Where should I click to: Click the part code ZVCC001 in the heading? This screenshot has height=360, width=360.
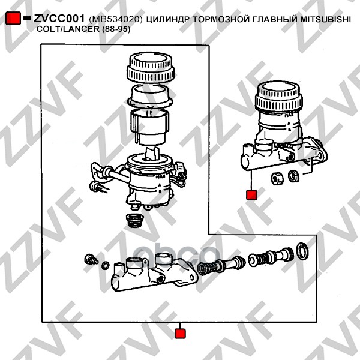[x=59, y=19]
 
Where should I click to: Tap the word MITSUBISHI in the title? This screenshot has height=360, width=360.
[x=326, y=19]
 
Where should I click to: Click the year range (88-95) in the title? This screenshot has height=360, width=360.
[x=116, y=29]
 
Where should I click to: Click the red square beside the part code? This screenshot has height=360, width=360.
[x=13, y=18]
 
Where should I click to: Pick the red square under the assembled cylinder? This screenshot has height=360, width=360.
[x=251, y=194]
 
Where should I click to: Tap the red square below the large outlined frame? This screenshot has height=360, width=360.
[x=180, y=334]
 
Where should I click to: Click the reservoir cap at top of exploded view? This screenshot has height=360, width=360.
[x=151, y=68]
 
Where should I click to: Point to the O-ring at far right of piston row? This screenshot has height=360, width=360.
[x=302, y=251]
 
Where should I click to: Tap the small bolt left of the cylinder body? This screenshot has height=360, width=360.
[x=91, y=259]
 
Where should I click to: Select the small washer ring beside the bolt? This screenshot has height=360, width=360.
[x=106, y=265]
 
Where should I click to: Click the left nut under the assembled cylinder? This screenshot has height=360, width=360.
[x=277, y=178]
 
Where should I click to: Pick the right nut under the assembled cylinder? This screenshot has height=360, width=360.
[x=293, y=176]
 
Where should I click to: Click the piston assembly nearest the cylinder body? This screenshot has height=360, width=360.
[x=221, y=265]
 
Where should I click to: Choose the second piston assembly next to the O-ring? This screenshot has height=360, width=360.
[x=271, y=257]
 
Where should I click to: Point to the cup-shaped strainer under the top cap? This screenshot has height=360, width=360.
[x=151, y=96]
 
